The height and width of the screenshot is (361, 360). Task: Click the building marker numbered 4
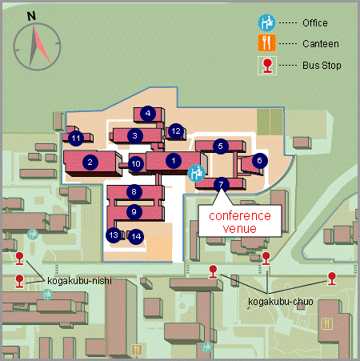click(148, 114)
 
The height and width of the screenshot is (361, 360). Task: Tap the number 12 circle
click(176, 131)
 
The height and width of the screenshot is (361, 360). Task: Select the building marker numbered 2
click(90, 162)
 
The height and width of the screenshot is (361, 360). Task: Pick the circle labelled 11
click(76, 138)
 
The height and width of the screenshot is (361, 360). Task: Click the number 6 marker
click(259, 161)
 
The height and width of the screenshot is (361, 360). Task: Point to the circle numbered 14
click(136, 236)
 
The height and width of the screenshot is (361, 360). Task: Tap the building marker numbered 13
click(114, 235)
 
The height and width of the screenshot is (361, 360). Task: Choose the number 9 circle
click(134, 212)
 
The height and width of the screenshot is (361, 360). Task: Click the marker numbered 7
click(221, 185)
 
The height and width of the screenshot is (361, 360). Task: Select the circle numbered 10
click(136, 164)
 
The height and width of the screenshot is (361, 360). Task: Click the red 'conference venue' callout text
click(240, 222)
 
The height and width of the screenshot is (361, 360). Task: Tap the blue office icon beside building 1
click(196, 173)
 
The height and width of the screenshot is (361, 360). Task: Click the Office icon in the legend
click(266, 22)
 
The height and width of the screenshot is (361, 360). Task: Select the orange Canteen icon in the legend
click(266, 43)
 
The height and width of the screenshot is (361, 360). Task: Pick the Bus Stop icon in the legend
click(267, 66)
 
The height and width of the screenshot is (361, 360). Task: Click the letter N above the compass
click(31, 16)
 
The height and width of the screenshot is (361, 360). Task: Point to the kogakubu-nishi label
click(79, 281)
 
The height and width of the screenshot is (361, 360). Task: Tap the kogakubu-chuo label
click(281, 302)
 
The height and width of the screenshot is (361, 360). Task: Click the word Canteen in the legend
click(321, 44)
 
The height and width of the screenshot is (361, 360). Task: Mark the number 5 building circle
click(221, 146)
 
